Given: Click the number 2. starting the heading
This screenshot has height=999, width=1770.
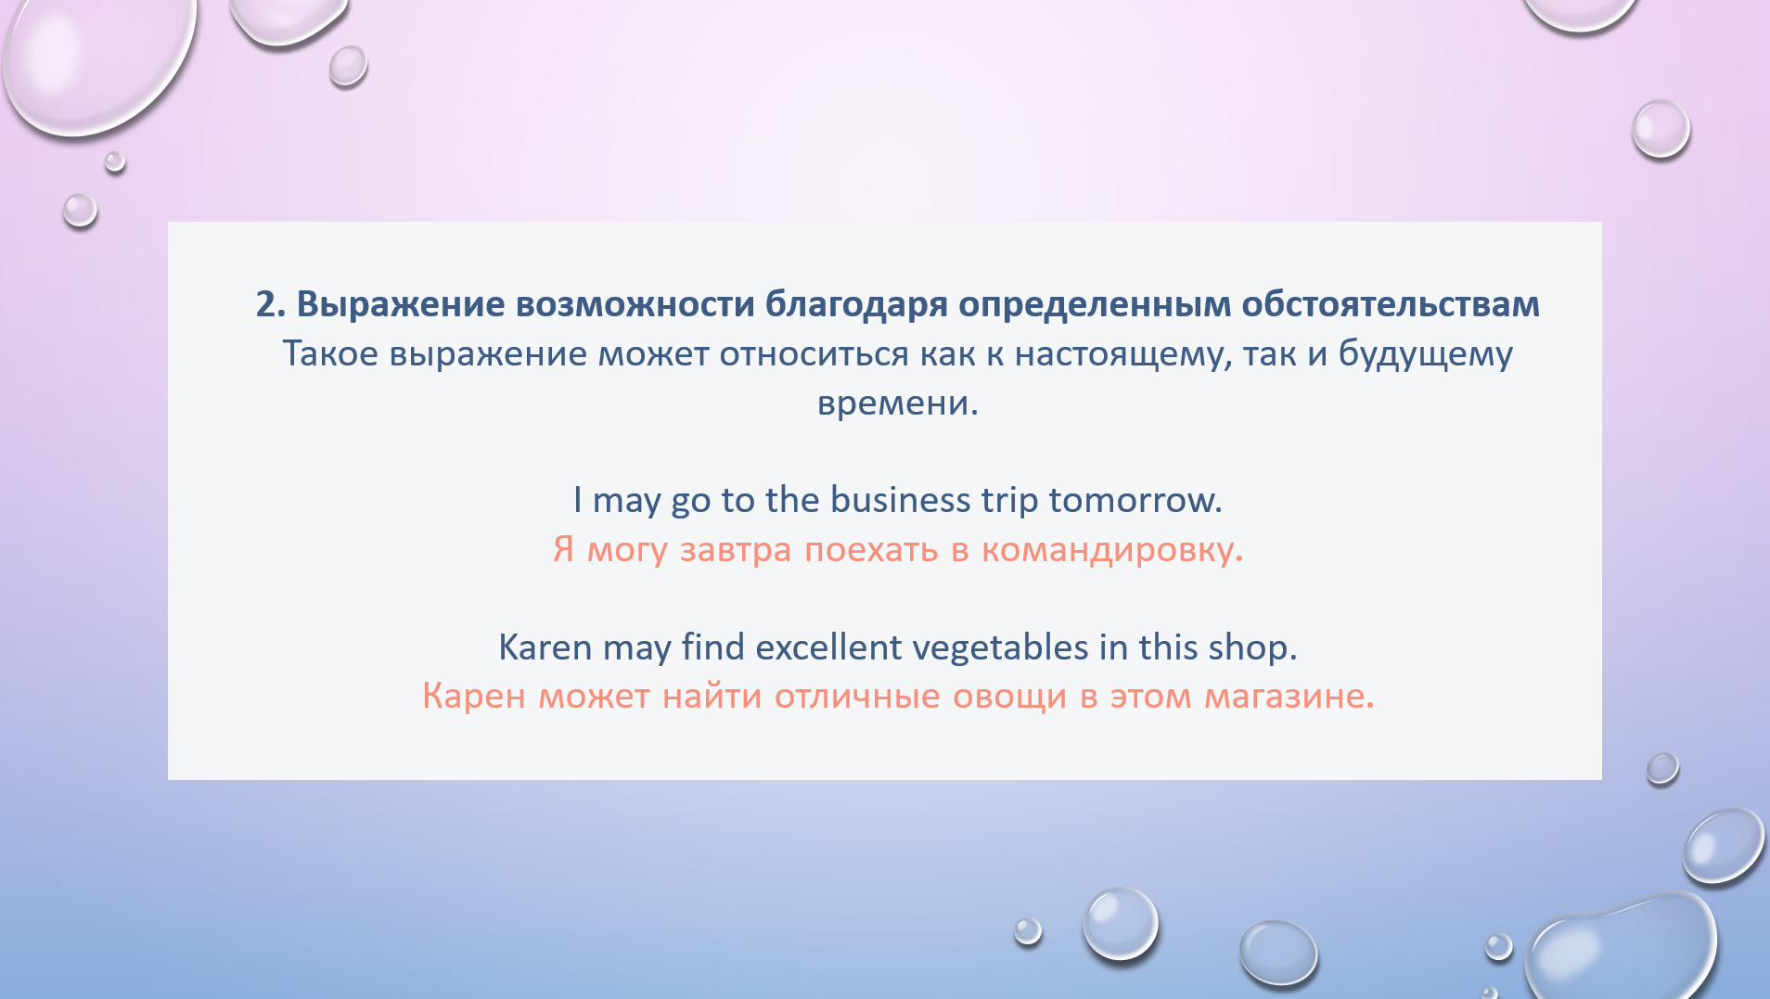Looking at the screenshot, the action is click(271, 304).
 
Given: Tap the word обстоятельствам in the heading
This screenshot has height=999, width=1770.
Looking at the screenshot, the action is click(1391, 304).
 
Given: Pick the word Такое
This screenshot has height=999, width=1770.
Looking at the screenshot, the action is click(330, 354).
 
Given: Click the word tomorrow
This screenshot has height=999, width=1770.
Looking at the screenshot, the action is click(1135, 501).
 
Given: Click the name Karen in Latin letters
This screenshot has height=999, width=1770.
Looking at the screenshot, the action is click(545, 647).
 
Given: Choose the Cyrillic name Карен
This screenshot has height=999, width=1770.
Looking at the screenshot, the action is click(474, 697).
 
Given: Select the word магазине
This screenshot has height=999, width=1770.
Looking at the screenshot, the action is click(1289, 697).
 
